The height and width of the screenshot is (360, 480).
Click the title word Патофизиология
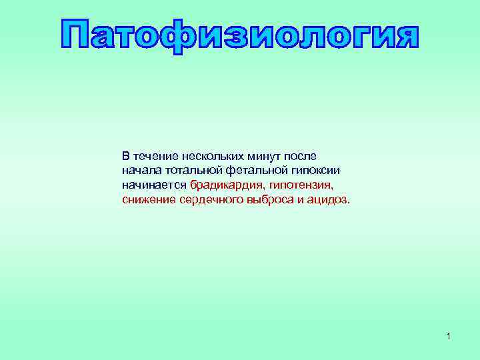pos(240,36)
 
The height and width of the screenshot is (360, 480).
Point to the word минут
pos(265,157)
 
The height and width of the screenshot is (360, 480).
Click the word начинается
pos(154,185)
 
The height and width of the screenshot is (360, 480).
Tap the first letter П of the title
pos(76,36)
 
